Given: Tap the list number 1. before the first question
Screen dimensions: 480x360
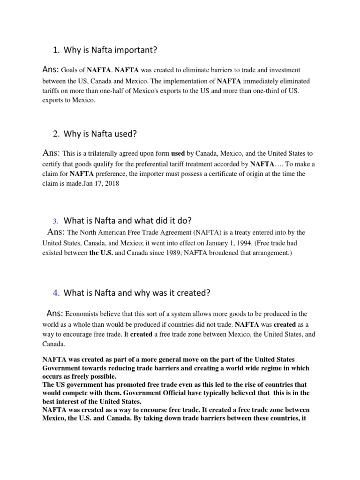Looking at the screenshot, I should (56, 50).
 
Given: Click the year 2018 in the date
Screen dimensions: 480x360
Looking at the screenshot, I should (112, 184).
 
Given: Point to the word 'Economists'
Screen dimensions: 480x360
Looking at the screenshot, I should (84, 314).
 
